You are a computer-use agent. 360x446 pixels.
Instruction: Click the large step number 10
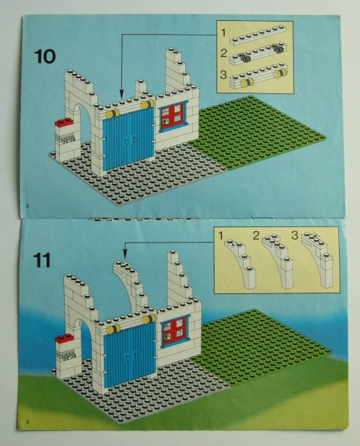click(x=45, y=56)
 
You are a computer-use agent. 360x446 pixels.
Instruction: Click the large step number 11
click(x=42, y=260)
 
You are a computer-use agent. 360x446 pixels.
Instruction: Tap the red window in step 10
click(x=173, y=116)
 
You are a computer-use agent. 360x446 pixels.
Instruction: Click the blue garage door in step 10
click(x=128, y=139)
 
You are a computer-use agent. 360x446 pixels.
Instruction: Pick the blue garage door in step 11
click(x=130, y=355)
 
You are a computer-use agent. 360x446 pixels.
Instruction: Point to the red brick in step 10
click(x=64, y=123)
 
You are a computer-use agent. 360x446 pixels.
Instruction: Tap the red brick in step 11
click(x=65, y=338)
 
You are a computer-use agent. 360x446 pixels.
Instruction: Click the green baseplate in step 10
click(x=257, y=132)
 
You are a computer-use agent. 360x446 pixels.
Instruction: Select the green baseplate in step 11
click(x=260, y=348)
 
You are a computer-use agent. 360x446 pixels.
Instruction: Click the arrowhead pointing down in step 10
click(x=122, y=93)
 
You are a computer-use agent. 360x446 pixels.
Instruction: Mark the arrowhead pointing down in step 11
click(x=125, y=254)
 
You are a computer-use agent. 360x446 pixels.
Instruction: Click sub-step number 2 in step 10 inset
click(x=224, y=53)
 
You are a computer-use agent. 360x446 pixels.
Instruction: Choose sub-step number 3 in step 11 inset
click(x=295, y=236)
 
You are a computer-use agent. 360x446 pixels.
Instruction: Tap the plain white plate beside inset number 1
click(x=258, y=36)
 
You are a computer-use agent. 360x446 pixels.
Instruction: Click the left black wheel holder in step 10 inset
click(x=244, y=59)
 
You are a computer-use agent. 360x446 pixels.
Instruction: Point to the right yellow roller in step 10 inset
click(x=279, y=73)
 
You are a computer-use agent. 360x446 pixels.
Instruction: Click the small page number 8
click(x=27, y=206)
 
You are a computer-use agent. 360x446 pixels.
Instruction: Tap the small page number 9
click(x=27, y=422)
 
